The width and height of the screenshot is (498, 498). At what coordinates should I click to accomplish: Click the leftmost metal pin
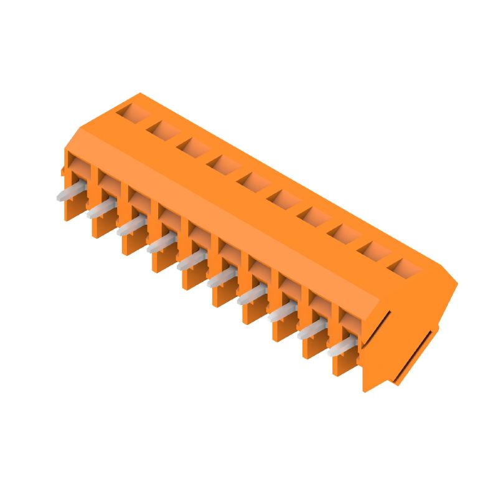tap(70, 192)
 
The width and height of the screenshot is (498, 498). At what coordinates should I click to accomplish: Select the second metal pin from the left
tap(101, 209)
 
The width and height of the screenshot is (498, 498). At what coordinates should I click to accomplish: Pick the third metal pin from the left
tap(131, 227)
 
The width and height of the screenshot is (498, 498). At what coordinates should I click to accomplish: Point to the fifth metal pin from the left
tap(191, 261)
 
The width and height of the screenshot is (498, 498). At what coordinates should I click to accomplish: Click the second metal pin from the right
tap(312, 331)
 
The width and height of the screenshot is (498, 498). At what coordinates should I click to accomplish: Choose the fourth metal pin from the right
tap(251, 296)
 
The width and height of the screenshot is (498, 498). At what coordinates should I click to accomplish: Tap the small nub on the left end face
tap(63, 169)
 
